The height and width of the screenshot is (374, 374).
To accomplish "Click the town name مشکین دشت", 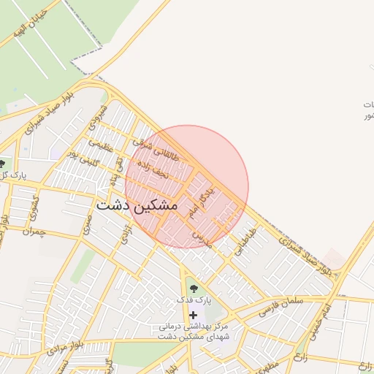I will pos(137,205).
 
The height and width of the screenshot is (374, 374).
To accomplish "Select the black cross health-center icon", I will pos(193,314).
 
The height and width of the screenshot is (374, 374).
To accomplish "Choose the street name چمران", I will pos(34,232).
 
